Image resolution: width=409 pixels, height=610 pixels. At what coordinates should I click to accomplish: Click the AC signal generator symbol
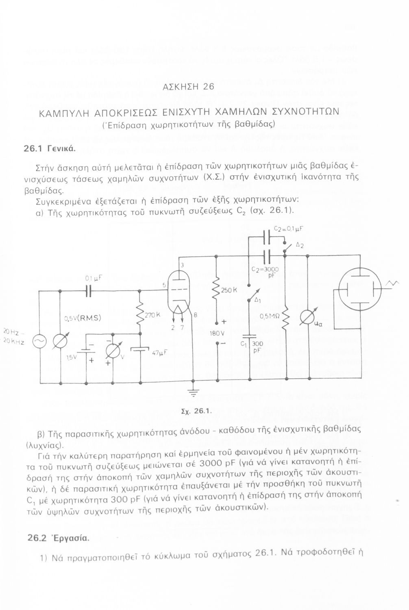tap(40, 342)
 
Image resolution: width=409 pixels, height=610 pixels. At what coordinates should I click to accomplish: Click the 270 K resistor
tap(140, 315)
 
